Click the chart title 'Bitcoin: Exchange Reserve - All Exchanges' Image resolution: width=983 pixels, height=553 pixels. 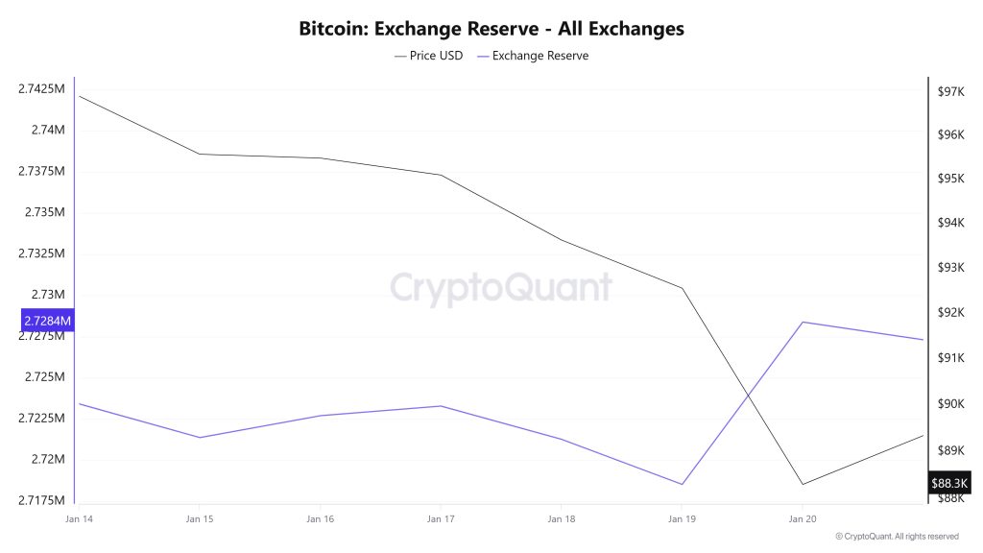point(491,29)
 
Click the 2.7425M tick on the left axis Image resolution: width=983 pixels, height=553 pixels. point(41,89)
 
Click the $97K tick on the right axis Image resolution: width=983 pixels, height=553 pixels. point(950,92)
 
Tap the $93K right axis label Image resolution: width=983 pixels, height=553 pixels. point(950,267)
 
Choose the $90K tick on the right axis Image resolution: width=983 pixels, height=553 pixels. point(950,403)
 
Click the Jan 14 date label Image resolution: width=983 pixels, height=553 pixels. point(79,518)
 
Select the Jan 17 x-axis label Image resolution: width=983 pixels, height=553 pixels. point(441,518)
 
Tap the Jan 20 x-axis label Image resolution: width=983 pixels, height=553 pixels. point(803,518)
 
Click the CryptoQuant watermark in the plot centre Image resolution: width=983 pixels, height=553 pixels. point(500,287)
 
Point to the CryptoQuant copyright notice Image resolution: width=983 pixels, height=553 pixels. point(897,537)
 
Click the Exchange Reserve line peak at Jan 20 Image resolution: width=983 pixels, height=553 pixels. point(803,322)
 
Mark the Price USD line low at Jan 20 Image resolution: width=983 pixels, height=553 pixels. point(803,484)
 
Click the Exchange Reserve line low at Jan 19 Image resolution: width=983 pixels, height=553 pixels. point(682,484)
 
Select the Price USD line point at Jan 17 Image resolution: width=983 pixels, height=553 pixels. point(441,175)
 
